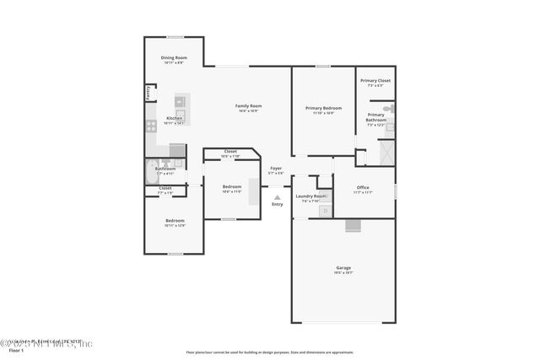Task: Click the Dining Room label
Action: tap(174, 57)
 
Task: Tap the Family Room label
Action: tap(248, 105)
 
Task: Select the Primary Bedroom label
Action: tap(323, 108)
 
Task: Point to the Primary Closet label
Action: tap(375, 81)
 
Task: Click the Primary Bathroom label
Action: tap(375, 117)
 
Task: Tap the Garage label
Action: tap(343, 268)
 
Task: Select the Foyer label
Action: tap(276, 169)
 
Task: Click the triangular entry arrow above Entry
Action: tap(277, 197)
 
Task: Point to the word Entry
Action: tap(277, 205)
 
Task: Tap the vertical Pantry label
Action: tap(148, 92)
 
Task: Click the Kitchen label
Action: tap(174, 118)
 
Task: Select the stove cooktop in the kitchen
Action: tap(152, 126)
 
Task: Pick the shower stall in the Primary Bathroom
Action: tap(386, 152)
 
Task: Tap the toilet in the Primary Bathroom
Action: tap(387, 109)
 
